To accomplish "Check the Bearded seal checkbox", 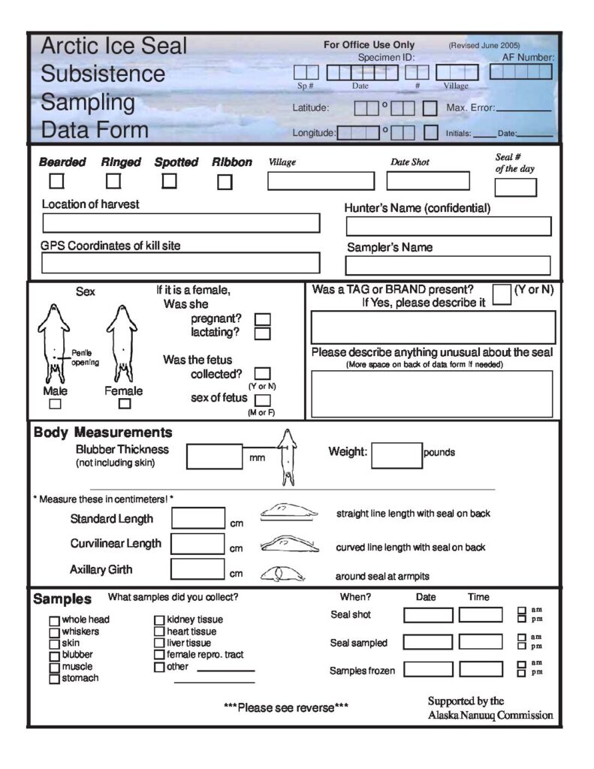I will (57, 181).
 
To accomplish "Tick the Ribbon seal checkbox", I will (225, 181).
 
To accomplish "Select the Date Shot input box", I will (428, 181).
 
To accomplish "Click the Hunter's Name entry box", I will (448, 226).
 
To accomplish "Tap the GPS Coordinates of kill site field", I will (180, 263).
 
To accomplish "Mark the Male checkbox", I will (56, 404).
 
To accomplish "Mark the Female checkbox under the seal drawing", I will (125, 403).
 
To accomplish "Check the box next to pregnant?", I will (262, 319).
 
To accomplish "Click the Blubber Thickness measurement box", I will (214, 457).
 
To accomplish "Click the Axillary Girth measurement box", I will (197, 568).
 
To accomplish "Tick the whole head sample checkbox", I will (54, 620).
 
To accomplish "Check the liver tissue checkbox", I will (159, 644).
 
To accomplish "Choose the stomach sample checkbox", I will (54, 679).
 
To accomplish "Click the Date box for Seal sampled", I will (428, 642).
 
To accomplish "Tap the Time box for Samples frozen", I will (481, 668).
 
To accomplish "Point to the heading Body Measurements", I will (103, 433).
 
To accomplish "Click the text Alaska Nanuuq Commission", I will (490, 715).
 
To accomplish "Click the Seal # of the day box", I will (515, 187).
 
